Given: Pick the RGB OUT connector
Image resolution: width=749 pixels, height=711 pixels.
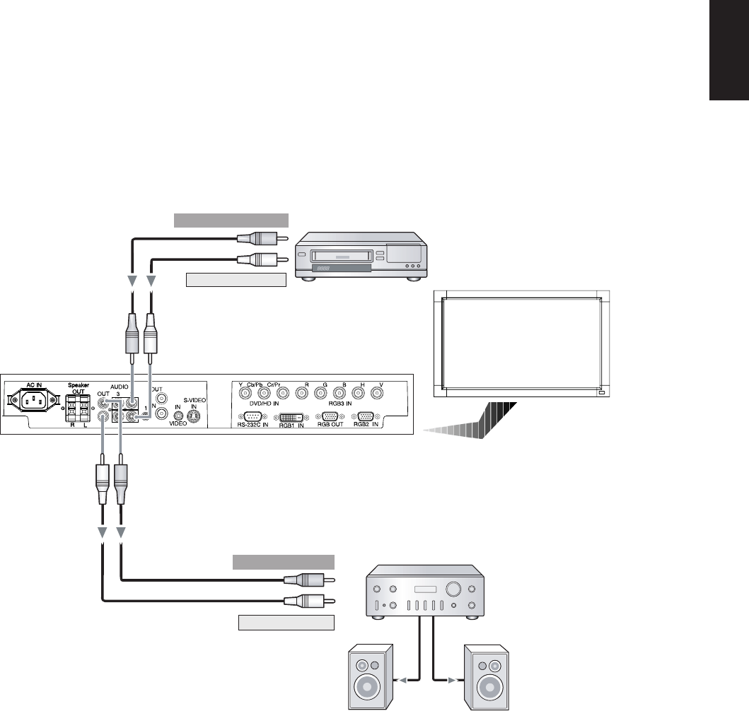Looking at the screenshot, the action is tap(330, 416).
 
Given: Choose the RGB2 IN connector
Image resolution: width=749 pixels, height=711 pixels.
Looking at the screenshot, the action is tap(366, 416).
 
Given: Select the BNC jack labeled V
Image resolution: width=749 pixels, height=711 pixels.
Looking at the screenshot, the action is tap(381, 393).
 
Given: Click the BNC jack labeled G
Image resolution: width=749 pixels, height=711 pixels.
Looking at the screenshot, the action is tap(325, 393).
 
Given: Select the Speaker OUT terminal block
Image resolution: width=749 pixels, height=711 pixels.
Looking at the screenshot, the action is tap(76, 409).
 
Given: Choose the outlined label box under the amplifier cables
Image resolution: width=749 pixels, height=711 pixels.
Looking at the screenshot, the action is tap(286, 623).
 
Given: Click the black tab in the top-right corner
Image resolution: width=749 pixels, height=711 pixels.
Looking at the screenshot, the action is tap(728, 51).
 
